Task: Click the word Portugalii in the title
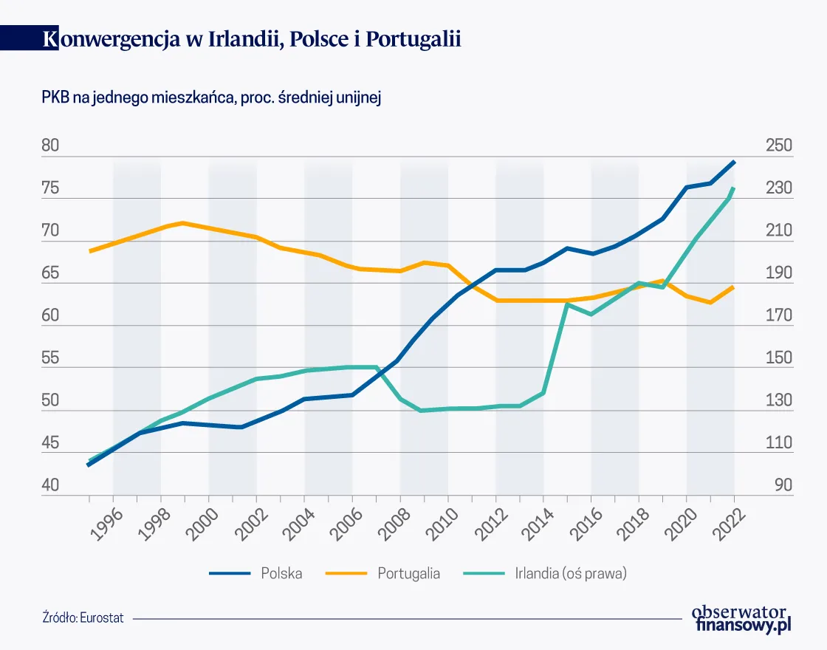(x=416, y=39)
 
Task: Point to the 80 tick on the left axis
(x=50, y=146)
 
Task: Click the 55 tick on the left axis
(x=50, y=358)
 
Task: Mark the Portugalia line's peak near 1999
(x=183, y=222)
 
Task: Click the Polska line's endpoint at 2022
(x=734, y=161)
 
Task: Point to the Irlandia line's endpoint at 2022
(x=734, y=188)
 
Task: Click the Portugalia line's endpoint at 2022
(x=733, y=287)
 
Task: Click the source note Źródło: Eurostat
(x=83, y=617)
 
